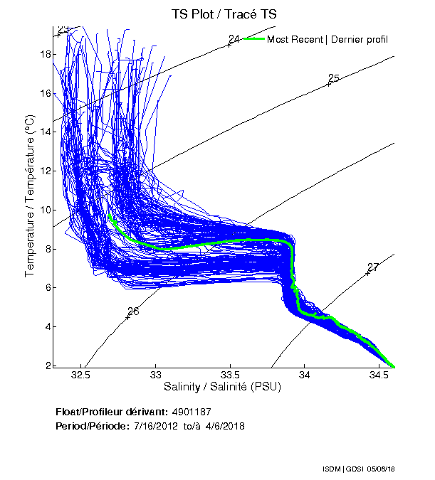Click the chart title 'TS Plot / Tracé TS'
tap(225, 14)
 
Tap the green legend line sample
tap(253, 38)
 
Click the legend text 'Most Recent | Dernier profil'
tap(327, 39)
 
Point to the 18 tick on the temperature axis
tap(44, 54)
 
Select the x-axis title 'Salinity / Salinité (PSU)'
tap(223, 388)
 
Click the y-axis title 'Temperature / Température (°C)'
tap(30, 197)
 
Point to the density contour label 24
tap(234, 38)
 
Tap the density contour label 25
tap(333, 78)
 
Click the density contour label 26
tap(133, 311)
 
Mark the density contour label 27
tap(372, 267)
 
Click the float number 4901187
tap(192, 412)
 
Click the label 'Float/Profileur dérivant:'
tap(111, 412)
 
